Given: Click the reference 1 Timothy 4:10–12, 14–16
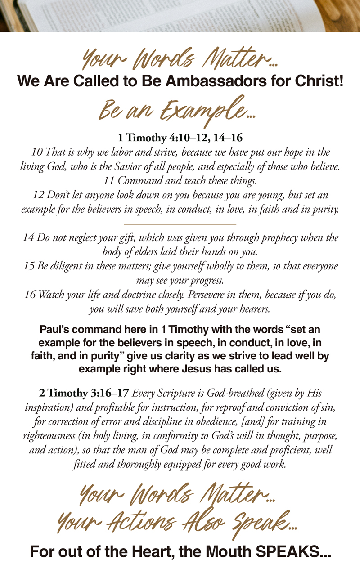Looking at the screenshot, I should pos(180,138).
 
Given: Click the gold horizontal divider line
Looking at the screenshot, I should pos(180,223).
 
